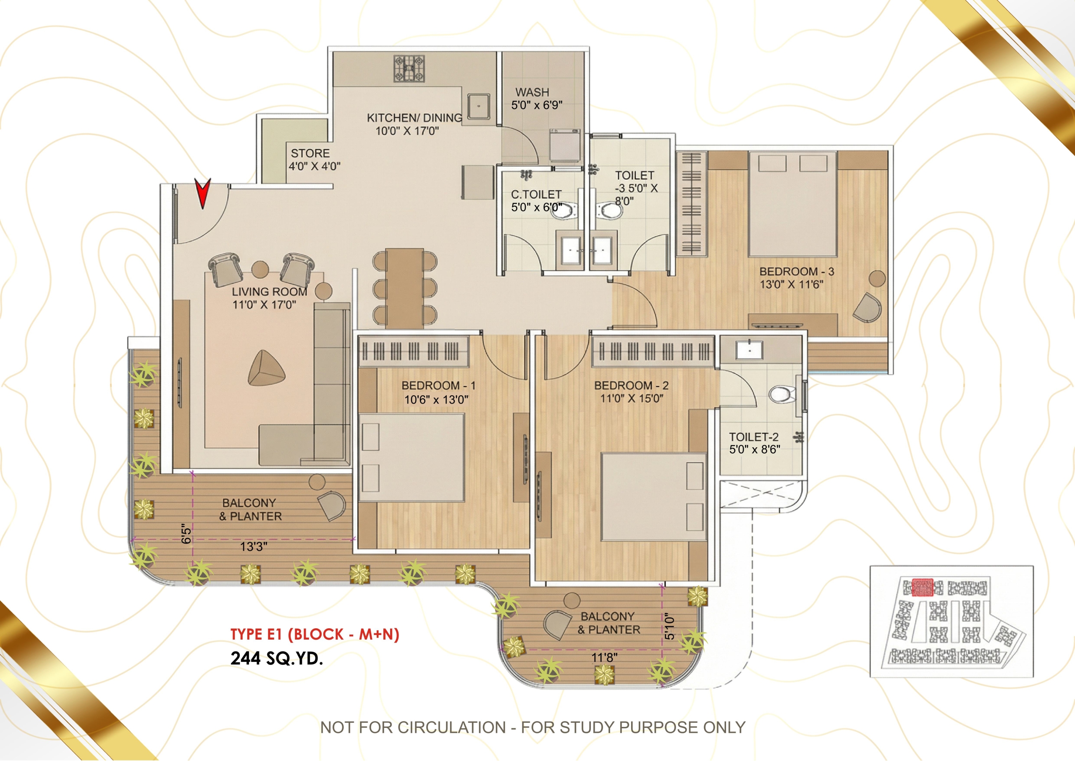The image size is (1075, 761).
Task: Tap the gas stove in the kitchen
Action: [409, 69]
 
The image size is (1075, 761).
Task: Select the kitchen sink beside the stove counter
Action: [479, 106]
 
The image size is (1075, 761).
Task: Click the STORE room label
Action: [310, 153]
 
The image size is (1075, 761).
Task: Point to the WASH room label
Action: [532, 92]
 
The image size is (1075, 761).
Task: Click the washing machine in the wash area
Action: [565, 146]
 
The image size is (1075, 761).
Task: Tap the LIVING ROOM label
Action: [269, 291]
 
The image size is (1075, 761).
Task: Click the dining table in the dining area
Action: [405, 289]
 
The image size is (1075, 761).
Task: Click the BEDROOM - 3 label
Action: [796, 271]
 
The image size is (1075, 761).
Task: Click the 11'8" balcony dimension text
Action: [604, 657]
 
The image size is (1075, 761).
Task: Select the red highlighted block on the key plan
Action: [922, 587]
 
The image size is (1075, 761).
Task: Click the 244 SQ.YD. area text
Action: [276, 659]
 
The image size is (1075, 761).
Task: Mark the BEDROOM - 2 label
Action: [632, 385]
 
